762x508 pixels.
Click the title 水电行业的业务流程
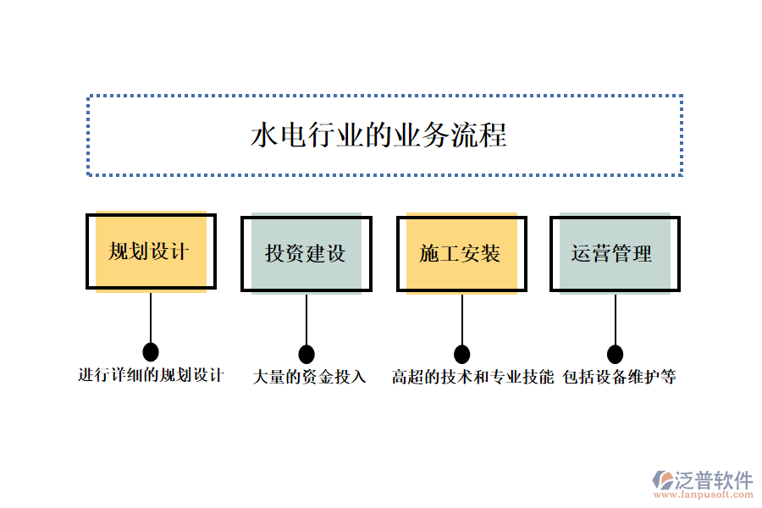pos(378,135)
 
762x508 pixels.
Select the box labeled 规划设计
pos(151,251)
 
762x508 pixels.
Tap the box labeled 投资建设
pos(306,253)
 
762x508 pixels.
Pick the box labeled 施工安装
pos(461,253)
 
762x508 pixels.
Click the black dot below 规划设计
pos(151,351)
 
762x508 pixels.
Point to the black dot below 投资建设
pos(306,354)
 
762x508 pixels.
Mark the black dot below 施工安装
pos(461,354)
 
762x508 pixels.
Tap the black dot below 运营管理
pos(616,354)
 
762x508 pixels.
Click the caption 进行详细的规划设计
pos(151,375)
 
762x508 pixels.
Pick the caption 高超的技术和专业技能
pos(472,378)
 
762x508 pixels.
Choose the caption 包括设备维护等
pos(620,378)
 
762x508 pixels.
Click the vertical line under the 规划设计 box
pos(151,317)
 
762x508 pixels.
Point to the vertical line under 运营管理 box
pos(616,319)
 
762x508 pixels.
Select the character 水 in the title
pos(263,135)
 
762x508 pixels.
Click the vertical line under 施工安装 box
pos(461,319)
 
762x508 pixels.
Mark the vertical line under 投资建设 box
pos(306,319)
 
